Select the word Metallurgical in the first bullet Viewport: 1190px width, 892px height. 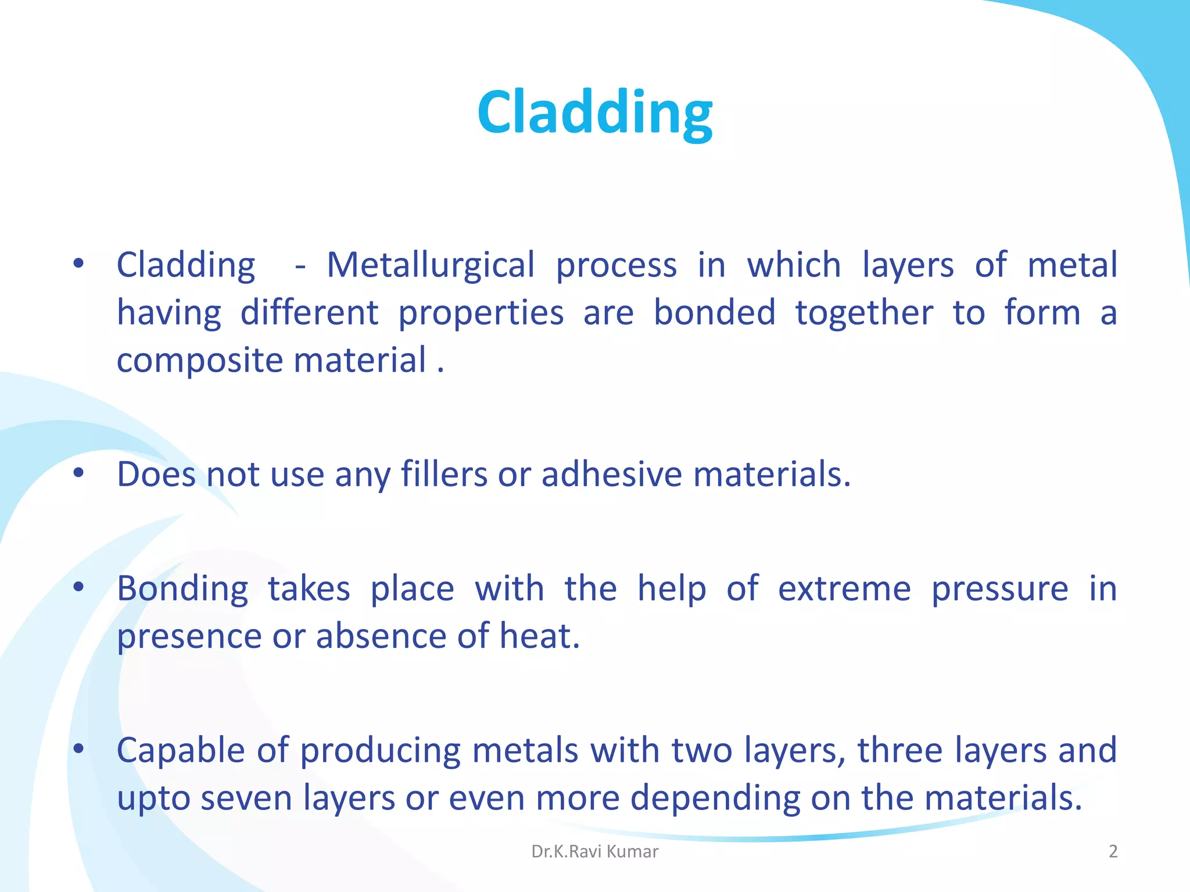[x=430, y=265]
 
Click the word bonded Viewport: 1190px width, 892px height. [x=714, y=312]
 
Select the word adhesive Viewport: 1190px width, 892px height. [x=611, y=474]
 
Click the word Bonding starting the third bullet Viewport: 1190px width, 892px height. [x=182, y=589]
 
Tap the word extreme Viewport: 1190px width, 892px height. [x=844, y=589]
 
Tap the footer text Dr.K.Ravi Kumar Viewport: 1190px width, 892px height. [x=594, y=851]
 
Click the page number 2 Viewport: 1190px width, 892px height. [x=1113, y=851]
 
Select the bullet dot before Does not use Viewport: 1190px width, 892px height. [x=78, y=473]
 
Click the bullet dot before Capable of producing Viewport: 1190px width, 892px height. [x=78, y=749]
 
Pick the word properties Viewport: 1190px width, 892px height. [x=481, y=314]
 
